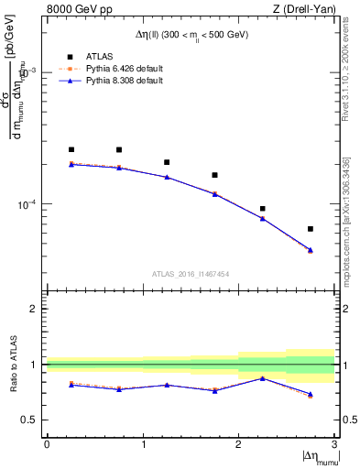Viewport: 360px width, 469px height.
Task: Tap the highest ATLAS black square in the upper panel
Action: (x=71, y=149)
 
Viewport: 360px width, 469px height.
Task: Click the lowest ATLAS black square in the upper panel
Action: (x=311, y=229)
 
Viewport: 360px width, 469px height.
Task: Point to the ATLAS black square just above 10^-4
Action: (x=263, y=209)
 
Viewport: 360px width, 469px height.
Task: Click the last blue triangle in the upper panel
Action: (x=311, y=250)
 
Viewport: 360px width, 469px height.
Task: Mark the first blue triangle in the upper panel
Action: (x=71, y=165)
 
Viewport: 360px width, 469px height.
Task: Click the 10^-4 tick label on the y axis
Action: (x=28, y=204)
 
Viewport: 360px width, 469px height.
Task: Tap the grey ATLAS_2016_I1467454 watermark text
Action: (x=190, y=273)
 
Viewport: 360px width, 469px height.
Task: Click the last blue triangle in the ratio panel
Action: (x=311, y=394)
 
